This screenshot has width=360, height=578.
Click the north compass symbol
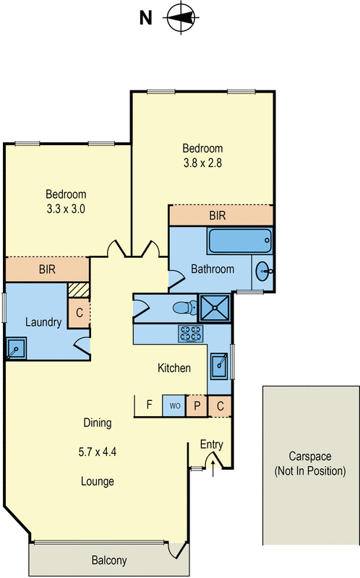(x=181, y=17)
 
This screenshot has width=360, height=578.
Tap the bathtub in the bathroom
(x=240, y=241)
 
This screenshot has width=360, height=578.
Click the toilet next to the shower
(x=186, y=308)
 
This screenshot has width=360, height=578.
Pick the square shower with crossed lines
(x=215, y=308)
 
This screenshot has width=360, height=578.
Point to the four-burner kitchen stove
(x=191, y=333)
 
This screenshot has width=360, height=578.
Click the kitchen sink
(x=220, y=366)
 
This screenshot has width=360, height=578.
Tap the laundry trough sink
(x=16, y=348)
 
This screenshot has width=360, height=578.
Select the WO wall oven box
(x=174, y=405)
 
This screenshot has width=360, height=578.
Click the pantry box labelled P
(x=197, y=406)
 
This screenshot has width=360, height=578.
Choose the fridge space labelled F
(x=148, y=406)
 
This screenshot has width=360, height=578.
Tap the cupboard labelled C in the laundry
(x=79, y=313)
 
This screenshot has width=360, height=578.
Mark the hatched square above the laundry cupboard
(x=79, y=290)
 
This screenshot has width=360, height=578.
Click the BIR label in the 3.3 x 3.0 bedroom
(x=47, y=269)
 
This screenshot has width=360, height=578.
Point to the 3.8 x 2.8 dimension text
(x=202, y=163)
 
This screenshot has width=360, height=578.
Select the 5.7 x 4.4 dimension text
(x=98, y=452)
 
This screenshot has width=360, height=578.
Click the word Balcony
(x=109, y=561)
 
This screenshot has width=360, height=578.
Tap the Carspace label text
(x=310, y=457)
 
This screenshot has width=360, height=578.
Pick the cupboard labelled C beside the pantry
(x=220, y=406)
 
